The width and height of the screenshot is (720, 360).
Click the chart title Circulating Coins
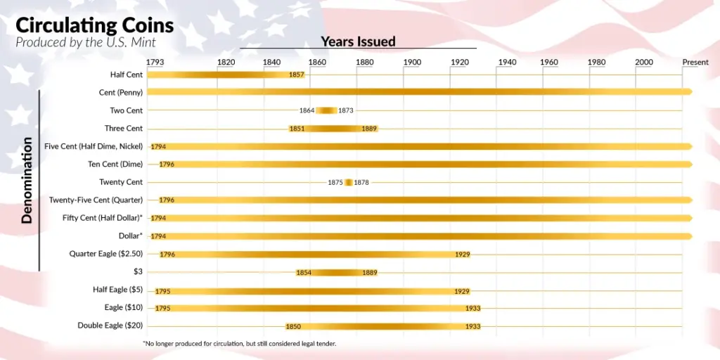94,25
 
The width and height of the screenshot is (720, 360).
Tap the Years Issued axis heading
358,41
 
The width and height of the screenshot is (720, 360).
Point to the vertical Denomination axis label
27,180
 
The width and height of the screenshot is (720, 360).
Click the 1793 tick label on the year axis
155,62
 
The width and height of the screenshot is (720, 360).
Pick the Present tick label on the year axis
695,62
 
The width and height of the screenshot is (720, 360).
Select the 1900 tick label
412,62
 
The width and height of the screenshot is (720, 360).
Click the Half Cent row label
126,75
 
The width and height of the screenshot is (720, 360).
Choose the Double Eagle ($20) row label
110,326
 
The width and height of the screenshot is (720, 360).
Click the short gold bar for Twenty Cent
348,182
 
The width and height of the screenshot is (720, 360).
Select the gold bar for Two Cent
326,110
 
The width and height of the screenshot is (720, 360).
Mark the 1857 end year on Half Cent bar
296,75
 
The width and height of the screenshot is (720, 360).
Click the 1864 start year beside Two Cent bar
307,110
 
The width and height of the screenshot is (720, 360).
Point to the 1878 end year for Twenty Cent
361,182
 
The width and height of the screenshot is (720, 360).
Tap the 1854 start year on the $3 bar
304,272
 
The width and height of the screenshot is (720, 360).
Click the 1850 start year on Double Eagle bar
293,326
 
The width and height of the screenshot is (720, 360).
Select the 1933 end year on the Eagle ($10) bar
472,308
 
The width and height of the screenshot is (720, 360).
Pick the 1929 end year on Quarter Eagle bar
462,254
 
